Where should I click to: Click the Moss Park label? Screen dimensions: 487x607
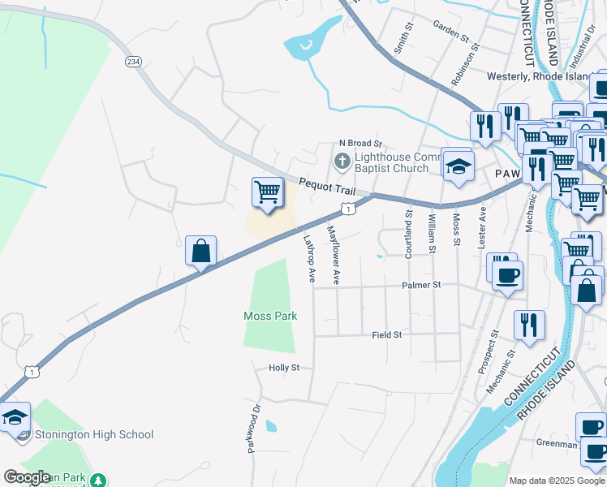click(x=270, y=316)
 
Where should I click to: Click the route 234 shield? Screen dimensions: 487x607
click(x=133, y=61)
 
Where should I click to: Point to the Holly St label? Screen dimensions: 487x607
click(x=284, y=368)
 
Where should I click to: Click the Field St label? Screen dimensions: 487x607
click(x=387, y=334)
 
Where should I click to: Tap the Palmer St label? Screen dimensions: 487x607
click(x=421, y=285)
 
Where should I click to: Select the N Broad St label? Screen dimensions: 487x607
click(x=359, y=142)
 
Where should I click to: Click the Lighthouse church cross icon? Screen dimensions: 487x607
click(x=342, y=161)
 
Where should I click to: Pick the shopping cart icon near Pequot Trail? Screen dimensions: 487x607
click(x=267, y=193)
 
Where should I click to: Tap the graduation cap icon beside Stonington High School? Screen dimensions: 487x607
click(x=14, y=417)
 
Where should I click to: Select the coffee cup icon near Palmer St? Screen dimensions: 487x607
click(x=507, y=274)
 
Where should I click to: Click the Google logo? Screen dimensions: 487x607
click(x=28, y=476)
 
